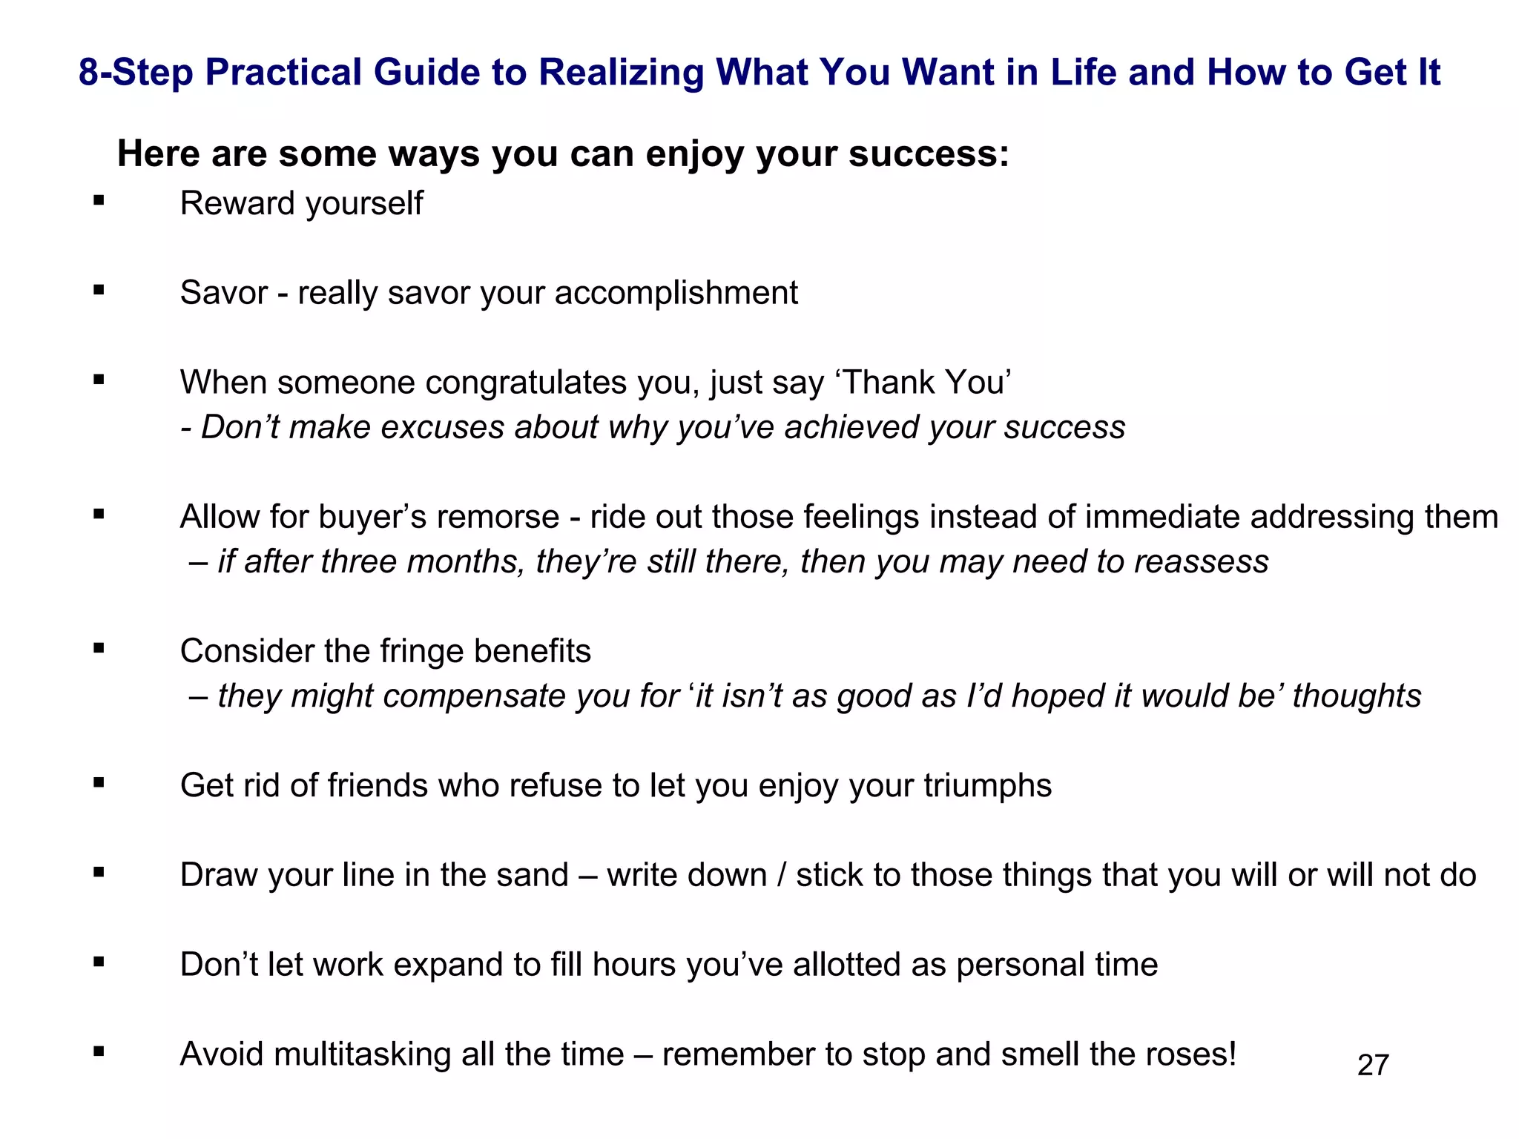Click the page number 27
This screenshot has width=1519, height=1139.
click(1373, 1066)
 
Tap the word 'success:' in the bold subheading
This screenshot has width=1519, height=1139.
click(929, 154)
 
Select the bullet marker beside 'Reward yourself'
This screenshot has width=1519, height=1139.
click(99, 199)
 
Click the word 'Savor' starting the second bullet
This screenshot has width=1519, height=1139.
click(223, 293)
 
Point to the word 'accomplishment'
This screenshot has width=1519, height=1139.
click(676, 293)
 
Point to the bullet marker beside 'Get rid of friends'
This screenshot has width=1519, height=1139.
click(99, 782)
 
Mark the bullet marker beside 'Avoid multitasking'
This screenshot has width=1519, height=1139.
click(99, 1051)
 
